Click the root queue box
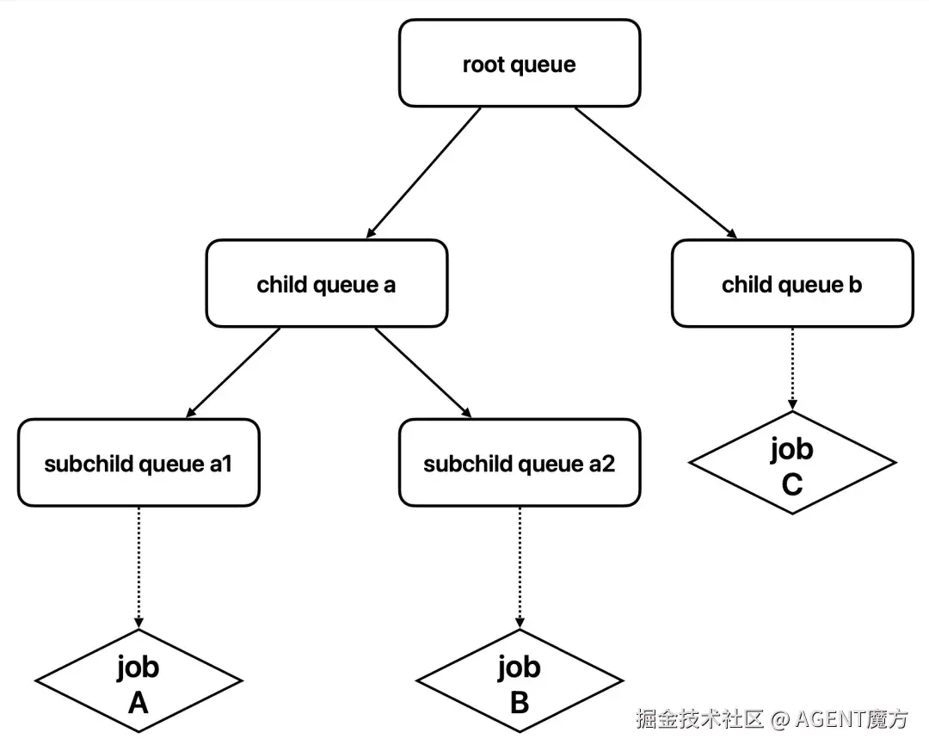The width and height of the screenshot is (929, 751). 520,64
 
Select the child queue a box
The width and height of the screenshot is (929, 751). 327,283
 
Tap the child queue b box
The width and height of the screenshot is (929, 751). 792,283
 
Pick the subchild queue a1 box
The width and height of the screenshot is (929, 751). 138,463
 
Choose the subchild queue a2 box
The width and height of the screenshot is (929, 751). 520,463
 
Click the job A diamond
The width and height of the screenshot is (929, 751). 138,681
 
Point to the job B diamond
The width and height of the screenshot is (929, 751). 520,681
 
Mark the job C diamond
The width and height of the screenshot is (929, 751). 792,463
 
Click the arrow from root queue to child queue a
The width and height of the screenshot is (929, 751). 423,173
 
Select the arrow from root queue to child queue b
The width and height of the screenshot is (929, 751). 655,173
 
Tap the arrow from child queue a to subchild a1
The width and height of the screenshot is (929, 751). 233,372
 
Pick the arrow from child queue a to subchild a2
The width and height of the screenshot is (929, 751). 423,372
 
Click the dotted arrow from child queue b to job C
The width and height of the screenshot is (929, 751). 792,369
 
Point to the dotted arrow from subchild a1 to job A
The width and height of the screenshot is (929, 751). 138,568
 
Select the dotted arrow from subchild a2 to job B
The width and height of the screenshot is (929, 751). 520,568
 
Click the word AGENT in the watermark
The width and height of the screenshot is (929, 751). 830,719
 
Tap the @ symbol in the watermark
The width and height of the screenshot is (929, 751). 780,719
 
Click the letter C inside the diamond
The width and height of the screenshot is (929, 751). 792,484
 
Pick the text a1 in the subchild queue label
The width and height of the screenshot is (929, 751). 220,464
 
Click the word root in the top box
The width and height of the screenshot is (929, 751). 483,64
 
